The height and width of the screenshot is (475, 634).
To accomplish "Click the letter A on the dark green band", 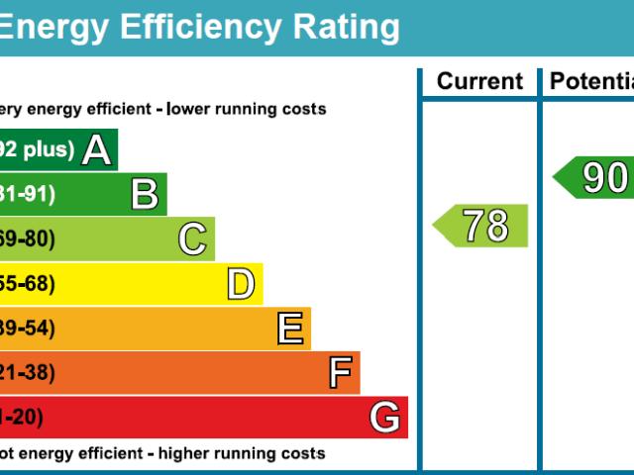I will (x=96, y=150).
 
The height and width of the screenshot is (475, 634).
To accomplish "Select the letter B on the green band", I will (x=145, y=195).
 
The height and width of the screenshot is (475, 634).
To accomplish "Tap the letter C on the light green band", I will (x=192, y=239).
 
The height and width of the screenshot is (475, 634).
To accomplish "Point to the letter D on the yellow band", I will (x=241, y=284).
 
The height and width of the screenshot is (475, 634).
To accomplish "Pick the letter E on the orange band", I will (x=289, y=329).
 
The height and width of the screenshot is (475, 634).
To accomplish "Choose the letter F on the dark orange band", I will (x=340, y=373).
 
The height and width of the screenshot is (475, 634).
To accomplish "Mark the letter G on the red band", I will (x=385, y=418).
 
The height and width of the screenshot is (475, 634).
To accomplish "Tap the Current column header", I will (x=479, y=81).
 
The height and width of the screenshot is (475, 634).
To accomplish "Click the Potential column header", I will (x=591, y=81).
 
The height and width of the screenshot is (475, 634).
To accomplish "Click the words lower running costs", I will (x=247, y=109).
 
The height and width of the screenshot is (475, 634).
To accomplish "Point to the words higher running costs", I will (x=242, y=453).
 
